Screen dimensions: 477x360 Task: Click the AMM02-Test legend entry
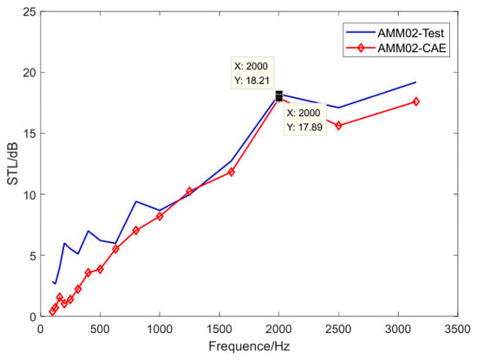pyautogui.click(x=395, y=33)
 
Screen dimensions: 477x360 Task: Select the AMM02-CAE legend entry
pyautogui.click(x=395, y=48)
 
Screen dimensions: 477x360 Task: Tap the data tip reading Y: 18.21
pyautogui.click(x=252, y=73)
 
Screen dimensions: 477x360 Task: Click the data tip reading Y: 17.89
pyautogui.click(x=304, y=120)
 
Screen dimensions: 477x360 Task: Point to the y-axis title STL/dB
pyautogui.click(x=13, y=163)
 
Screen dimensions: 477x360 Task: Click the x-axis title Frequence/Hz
pyautogui.click(x=249, y=346)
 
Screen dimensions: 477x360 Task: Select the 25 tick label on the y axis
pyautogui.click(x=29, y=12)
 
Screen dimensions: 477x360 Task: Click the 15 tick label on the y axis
pyautogui.click(x=29, y=134)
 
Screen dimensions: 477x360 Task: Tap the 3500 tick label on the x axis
pyautogui.click(x=458, y=330)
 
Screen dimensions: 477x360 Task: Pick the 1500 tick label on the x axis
pyautogui.click(x=219, y=330)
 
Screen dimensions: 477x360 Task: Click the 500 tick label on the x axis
pyautogui.click(x=100, y=330)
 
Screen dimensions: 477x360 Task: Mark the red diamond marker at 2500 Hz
pyautogui.click(x=338, y=126)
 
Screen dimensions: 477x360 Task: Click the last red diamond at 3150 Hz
pyautogui.click(x=415, y=101)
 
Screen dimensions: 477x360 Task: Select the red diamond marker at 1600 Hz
pyautogui.click(x=232, y=173)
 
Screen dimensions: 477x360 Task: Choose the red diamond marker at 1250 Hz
pyautogui.click(x=190, y=192)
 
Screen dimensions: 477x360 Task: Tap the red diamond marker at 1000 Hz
pyautogui.click(x=160, y=216)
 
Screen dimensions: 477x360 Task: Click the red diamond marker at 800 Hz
pyautogui.click(x=136, y=231)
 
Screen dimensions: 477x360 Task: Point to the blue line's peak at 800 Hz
pyautogui.click(x=136, y=201)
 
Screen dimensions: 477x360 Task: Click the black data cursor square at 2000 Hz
pyautogui.click(x=279, y=96)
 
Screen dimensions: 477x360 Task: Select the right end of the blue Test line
pyautogui.click(x=415, y=82)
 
